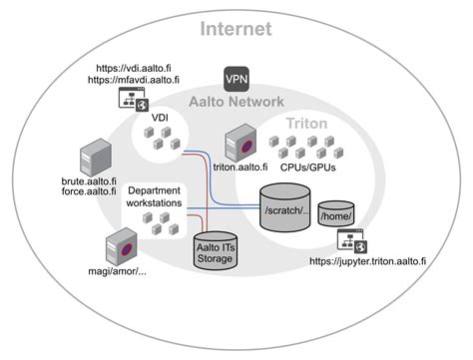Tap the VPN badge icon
236,78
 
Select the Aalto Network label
236,101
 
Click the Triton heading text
306,123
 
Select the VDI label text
160,118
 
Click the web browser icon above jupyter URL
353,239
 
